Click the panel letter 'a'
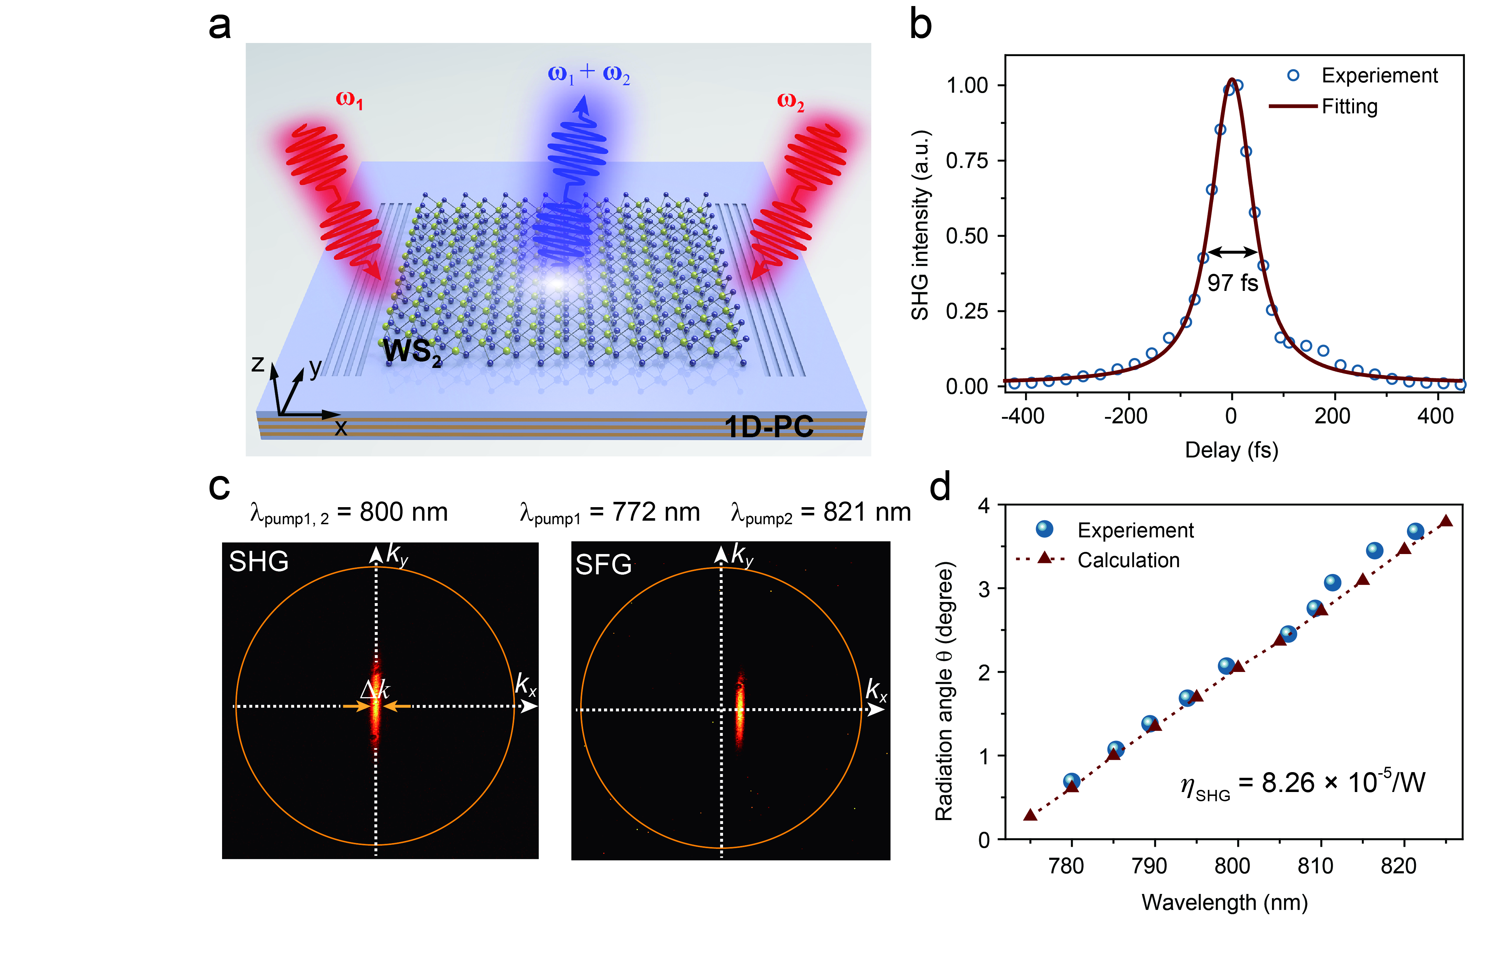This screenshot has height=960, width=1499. coord(220,26)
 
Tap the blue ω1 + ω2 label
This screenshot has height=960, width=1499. coord(589,74)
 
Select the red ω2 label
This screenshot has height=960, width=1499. coord(790,101)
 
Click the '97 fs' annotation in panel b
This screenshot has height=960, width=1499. coord(1232,283)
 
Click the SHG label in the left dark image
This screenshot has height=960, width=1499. coord(259,562)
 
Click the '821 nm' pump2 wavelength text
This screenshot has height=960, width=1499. coord(867,512)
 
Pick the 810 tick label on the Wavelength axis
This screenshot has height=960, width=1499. coord(1315,866)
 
